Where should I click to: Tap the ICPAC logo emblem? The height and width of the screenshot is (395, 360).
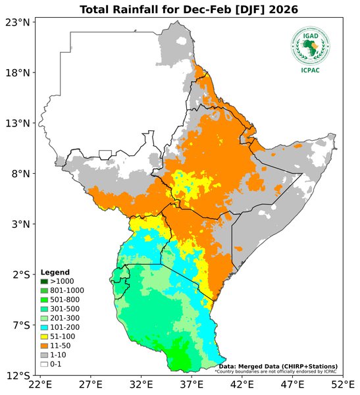click(311, 45)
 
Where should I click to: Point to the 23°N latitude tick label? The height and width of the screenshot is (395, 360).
click(18, 22)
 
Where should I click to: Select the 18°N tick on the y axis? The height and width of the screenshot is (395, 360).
click(18, 72)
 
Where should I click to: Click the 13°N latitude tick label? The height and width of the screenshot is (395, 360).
click(18, 123)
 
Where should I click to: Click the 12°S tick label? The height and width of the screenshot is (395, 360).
click(18, 376)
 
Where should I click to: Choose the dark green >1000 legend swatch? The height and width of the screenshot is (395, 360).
click(44, 282)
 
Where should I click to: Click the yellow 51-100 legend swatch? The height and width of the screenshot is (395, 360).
click(44, 336)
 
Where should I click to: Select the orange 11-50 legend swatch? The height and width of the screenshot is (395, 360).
click(44, 346)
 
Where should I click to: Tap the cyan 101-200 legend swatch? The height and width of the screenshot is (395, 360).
click(44, 327)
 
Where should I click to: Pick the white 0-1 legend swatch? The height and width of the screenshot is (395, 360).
click(44, 364)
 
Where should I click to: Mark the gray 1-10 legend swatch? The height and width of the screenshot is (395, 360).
click(44, 355)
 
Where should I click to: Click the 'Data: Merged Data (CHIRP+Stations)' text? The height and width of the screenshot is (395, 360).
click(278, 366)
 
